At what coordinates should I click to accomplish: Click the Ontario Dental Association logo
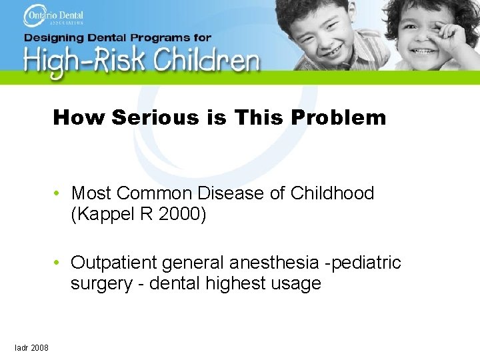(x=57, y=15)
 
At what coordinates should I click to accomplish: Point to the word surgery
(x=101, y=283)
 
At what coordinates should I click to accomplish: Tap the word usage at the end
(x=296, y=283)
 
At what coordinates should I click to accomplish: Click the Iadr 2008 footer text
(x=31, y=347)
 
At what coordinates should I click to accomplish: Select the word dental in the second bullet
(x=175, y=283)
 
